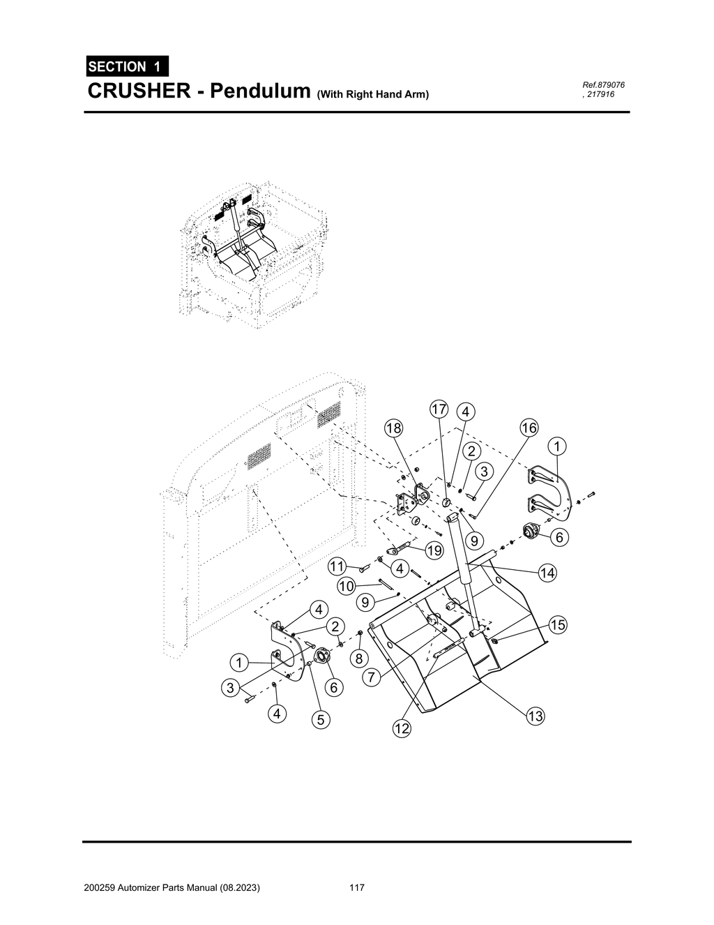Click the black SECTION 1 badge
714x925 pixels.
coord(127,67)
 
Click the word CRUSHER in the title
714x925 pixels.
coord(137,91)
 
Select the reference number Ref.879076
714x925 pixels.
coord(603,85)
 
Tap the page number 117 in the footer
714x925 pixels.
coord(356,888)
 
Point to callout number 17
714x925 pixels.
coord(438,409)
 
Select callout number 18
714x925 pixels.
coord(394,428)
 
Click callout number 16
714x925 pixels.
coord(529,428)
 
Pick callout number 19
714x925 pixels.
coord(434,550)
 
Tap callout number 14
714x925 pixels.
coord(547,573)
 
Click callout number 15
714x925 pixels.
coord(557,624)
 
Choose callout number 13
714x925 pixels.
coord(535,716)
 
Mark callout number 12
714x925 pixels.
coord(401,729)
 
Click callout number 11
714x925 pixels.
coord(338,565)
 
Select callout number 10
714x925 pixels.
coord(347,586)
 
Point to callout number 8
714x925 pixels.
coord(358,658)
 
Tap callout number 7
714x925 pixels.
coord(372,676)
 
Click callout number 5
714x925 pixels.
coord(320,721)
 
